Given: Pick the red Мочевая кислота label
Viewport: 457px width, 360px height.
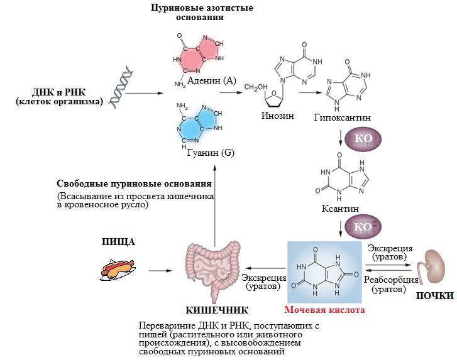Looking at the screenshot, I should pyautogui.click(x=324, y=310).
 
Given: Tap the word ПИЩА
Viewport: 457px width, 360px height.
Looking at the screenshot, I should pyautogui.click(x=119, y=242).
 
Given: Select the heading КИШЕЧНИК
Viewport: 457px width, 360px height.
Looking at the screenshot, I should pyautogui.click(x=217, y=310).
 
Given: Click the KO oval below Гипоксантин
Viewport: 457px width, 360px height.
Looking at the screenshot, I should pyautogui.click(x=363, y=138).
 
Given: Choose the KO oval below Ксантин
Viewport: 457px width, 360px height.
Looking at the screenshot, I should pyautogui.click(x=363, y=226).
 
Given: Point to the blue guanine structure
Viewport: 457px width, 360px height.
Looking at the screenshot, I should pyautogui.click(x=198, y=124).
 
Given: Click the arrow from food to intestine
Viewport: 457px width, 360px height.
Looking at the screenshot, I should pyautogui.click(x=160, y=271).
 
